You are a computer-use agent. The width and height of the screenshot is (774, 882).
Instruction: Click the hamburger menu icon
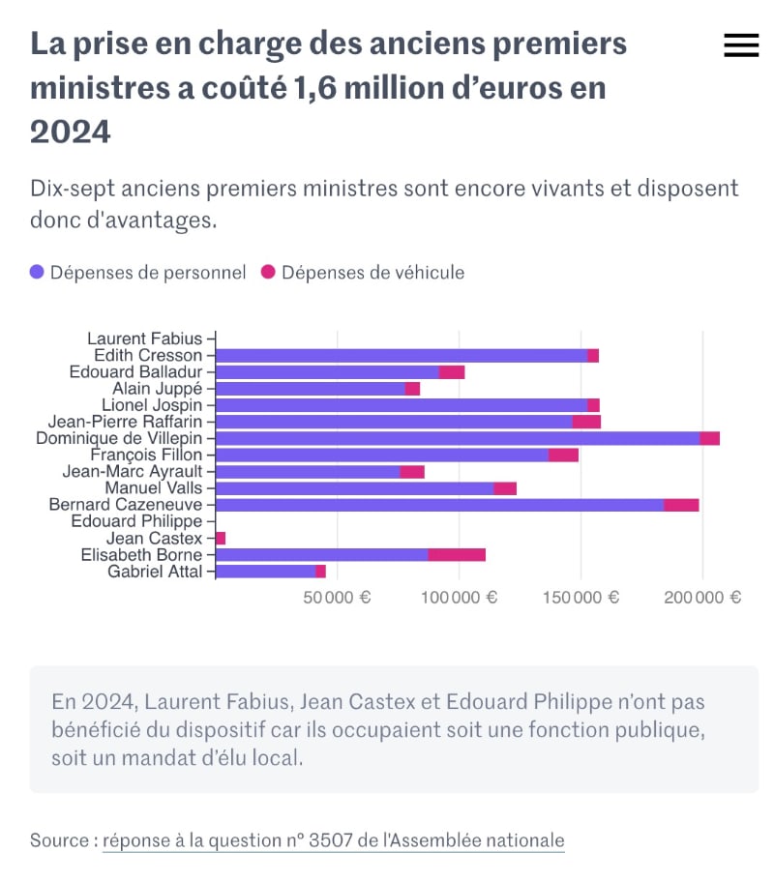[x=741, y=45]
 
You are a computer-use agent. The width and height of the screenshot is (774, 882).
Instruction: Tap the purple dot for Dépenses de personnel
[x=37, y=273]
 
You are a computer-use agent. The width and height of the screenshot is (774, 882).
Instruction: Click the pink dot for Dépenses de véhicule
[x=268, y=273]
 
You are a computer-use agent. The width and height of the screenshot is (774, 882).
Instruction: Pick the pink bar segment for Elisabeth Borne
[x=457, y=554]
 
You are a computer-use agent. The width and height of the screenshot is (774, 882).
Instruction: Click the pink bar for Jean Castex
[x=221, y=538]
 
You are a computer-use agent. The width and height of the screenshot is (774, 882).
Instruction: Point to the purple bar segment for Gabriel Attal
[x=265, y=572]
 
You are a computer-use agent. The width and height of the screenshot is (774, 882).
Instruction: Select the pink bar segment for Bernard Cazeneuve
[x=681, y=505]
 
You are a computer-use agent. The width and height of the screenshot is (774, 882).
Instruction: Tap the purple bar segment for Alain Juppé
[x=310, y=389]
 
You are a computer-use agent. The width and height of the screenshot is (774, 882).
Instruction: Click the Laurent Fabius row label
[x=145, y=338]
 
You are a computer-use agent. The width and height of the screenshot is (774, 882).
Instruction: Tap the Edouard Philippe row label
[x=137, y=521]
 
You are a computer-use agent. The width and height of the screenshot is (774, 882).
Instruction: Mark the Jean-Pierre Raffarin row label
[x=126, y=422]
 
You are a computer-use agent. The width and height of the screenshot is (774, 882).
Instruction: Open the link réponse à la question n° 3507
[x=333, y=840]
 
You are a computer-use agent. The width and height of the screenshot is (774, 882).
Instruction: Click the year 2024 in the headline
[x=71, y=131]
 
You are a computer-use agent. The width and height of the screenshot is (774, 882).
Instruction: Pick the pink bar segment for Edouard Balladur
[x=452, y=372]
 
